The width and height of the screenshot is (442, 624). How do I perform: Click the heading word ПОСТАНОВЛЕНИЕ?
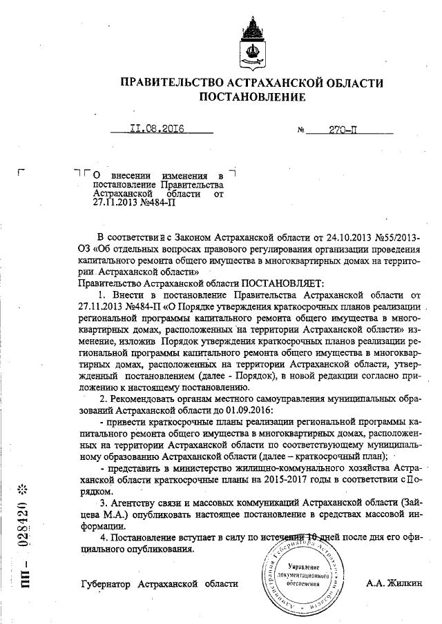[x=251, y=97]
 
